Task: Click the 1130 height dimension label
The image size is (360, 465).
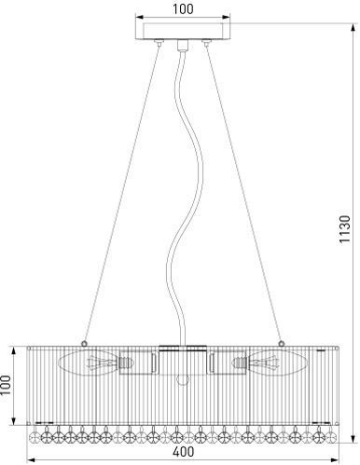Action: [345, 229]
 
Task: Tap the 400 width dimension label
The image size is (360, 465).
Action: [183, 451]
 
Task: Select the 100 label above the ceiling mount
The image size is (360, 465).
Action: [183, 8]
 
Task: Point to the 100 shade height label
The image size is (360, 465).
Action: [6, 385]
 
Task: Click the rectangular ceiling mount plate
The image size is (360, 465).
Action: [183, 30]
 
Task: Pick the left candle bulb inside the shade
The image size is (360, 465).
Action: [88, 362]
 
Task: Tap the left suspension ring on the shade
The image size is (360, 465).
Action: [84, 343]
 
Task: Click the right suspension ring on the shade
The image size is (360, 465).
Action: [282, 343]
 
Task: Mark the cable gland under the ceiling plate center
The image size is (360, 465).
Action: [183, 46]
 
